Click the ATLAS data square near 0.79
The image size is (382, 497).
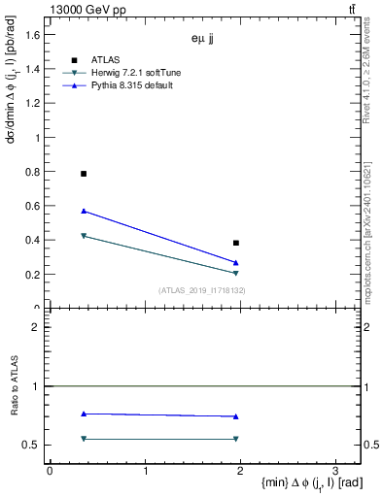click(x=84, y=174)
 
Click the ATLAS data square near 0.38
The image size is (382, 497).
click(x=236, y=243)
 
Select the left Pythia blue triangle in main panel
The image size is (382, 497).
click(x=84, y=211)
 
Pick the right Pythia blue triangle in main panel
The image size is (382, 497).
click(x=236, y=263)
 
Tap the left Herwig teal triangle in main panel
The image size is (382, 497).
click(x=84, y=236)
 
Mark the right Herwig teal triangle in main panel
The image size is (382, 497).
click(x=236, y=274)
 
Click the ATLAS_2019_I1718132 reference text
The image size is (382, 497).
click(x=202, y=290)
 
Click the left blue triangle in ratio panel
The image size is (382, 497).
click(x=84, y=414)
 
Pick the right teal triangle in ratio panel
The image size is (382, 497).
click(x=236, y=439)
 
